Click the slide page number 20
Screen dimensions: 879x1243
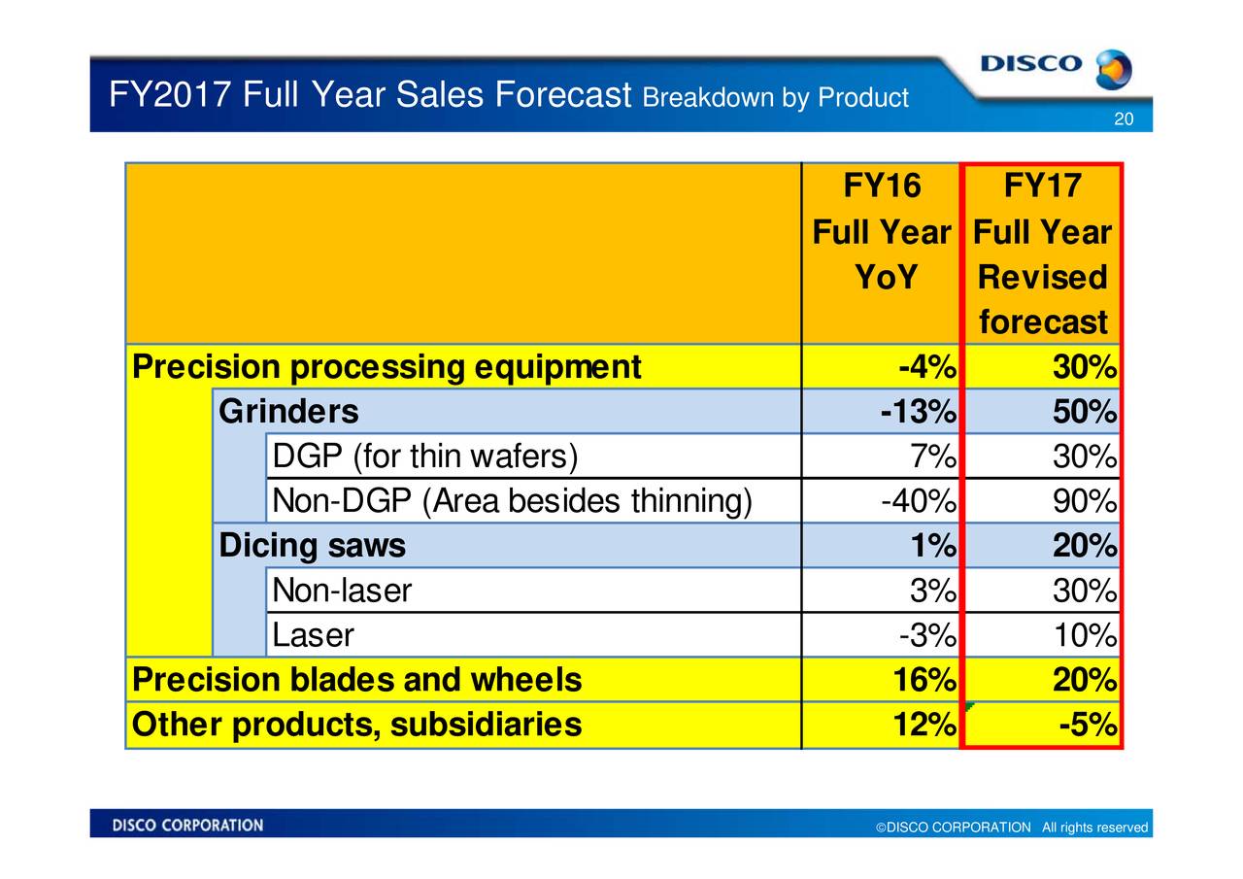(1124, 119)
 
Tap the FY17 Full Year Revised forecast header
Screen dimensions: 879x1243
(1042, 254)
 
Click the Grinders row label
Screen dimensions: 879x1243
(288, 412)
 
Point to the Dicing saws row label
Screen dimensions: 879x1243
(312, 547)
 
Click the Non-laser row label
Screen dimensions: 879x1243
(342, 591)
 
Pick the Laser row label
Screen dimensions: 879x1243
(313, 635)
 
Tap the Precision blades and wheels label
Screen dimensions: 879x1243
(356, 680)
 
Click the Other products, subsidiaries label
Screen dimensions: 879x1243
(356, 725)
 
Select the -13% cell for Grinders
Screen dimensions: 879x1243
(918, 412)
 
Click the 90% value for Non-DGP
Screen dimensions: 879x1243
(1083, 501)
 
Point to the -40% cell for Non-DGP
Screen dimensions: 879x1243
(918, 501)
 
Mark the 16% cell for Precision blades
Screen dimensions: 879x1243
(924, 680)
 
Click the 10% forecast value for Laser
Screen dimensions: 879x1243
(1083, 635)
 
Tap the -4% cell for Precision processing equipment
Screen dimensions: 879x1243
(927, 368)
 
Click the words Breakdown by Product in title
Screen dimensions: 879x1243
(775, 98)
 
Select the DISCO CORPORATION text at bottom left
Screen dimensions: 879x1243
(187, 826)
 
